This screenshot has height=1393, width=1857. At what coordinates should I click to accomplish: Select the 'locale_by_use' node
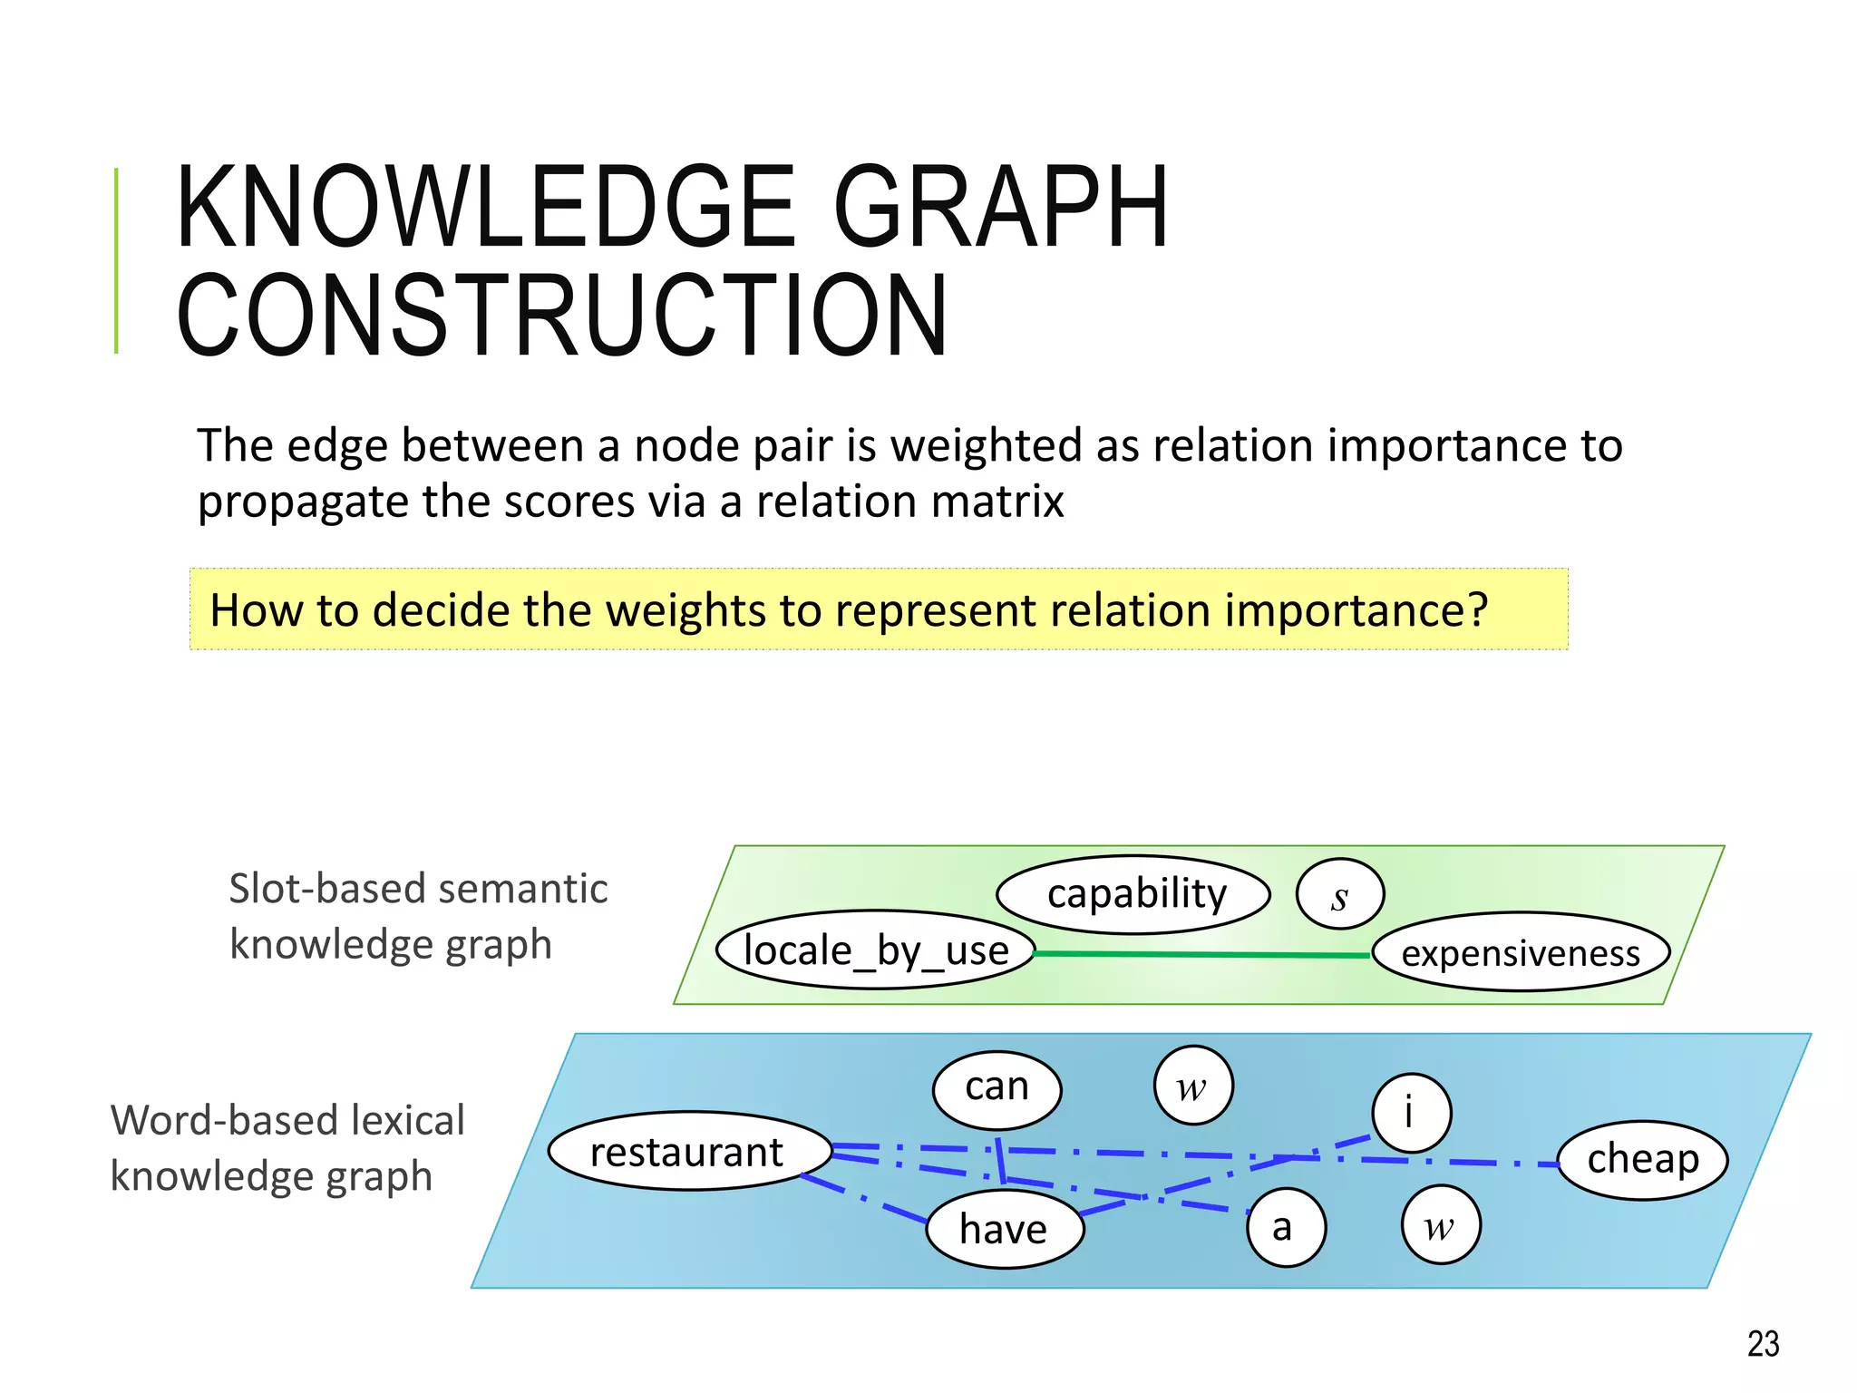point(876,950)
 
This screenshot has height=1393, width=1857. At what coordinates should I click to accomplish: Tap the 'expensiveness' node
point(1521,953)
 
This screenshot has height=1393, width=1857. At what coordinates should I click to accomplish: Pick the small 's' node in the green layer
point(1340,895)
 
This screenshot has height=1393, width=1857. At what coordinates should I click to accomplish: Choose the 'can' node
point(997,1087)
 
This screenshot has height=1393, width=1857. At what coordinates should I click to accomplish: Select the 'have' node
point(1005,1230)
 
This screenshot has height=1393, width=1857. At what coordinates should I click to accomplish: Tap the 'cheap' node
point(1642,1160)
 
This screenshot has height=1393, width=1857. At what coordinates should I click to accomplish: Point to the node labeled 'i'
point(1411,1112)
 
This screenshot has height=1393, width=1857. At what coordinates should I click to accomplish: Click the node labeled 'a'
point(1286,1227)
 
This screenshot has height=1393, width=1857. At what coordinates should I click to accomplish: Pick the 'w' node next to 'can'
point(1193,1086)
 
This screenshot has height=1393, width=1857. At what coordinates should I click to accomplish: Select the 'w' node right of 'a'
point(1441,1226)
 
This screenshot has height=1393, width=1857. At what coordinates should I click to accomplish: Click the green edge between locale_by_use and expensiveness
point(1202,954)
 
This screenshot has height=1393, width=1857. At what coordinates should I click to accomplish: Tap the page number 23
point(1763,1343)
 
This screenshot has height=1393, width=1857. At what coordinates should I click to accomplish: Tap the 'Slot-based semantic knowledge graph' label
point(418,916)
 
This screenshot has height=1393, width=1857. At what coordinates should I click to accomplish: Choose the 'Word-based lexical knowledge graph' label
point(287,1148)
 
